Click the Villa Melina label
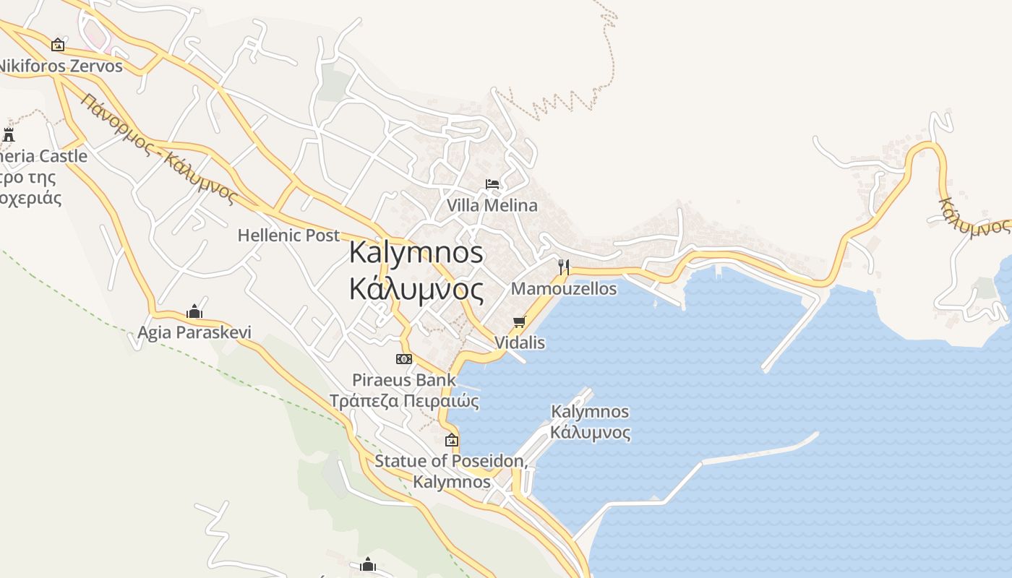(492, 205)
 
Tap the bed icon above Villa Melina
(492, 184)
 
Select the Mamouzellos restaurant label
(564, 289)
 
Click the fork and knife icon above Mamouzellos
(564, 267)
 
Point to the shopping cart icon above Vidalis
(519, 322)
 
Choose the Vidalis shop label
(520, 342)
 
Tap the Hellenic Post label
(288, 236)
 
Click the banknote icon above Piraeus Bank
(404, 359)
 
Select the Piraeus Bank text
(404, 379)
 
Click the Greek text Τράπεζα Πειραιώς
(404, 400)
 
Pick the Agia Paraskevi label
(194, 332)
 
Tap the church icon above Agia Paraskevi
(194, 312)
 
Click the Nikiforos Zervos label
(61, 66)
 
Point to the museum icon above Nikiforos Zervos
(58, 45)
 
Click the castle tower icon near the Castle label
(9, 134)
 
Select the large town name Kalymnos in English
(416, 252)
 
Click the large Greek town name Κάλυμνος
(416, 289)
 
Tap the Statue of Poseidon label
(451, 461)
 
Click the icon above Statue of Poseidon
(452, 439)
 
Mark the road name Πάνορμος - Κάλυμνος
(159, 149)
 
